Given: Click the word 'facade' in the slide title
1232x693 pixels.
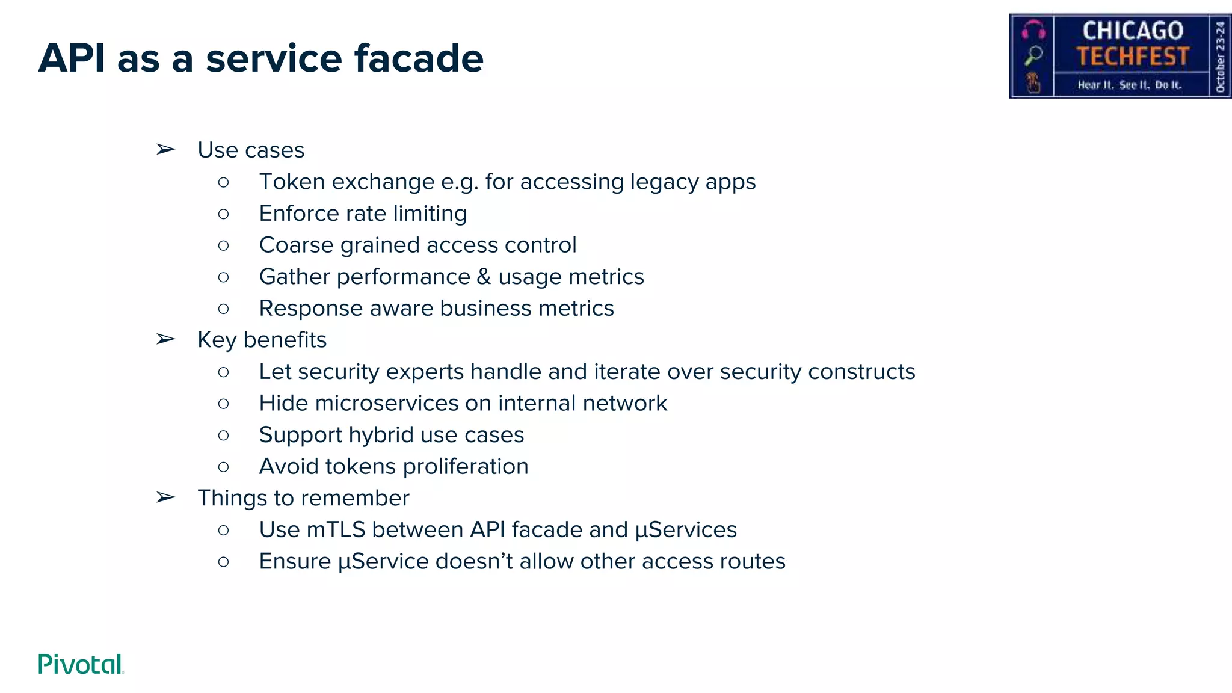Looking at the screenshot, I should (x=419, y=58).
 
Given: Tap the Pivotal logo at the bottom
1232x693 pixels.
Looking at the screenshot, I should (x=81, y=664).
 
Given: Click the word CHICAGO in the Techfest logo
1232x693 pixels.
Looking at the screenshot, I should (x=1133, y=31).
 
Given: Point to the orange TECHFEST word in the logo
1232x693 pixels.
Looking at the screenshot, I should (x=1133, y=57).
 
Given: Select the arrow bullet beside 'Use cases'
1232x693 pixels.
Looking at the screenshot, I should (x=165, y=149).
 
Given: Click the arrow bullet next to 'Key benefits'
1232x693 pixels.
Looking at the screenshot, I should (x=165, y=339).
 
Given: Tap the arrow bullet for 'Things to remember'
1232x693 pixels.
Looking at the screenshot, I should (x=165, y=497).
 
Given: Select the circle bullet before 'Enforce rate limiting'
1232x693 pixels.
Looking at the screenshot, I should (x=224, y=214).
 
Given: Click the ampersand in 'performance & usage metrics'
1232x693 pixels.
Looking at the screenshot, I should (x=484, y=277).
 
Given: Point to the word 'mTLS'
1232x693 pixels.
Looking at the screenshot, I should (x=336, y=529).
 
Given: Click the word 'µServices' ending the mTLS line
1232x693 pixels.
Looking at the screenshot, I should (x=686, y=530).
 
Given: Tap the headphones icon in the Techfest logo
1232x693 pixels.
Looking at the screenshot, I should (x=1033, y=29).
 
